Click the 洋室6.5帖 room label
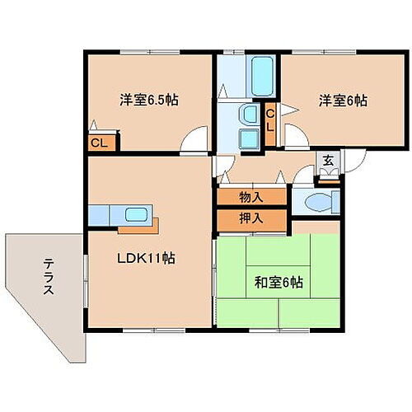pos(148,101)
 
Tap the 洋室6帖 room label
pos(344,101)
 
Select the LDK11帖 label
pos(144,258)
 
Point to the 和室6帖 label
pos(278,283)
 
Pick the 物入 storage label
pos(251,198)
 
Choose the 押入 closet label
pos(251,219)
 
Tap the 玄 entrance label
pos(327,162)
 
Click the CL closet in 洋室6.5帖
pos(99,143)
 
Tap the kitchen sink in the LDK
pos(135,216)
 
